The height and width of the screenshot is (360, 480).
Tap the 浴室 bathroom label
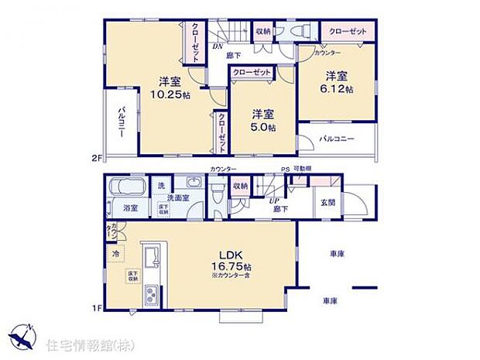pyautogui.click(x=131, y=207)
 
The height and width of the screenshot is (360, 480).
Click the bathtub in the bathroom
pyautogui.click(x=125, y=187)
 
